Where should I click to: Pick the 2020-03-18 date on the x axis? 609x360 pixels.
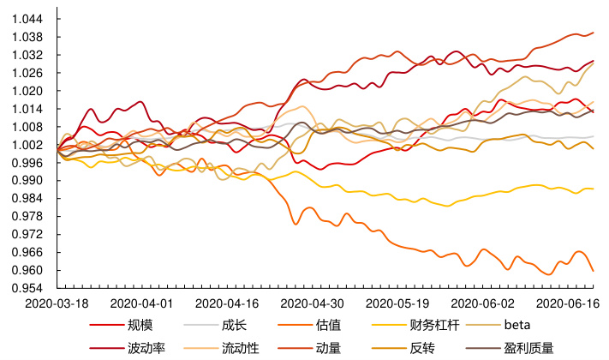(x=57, y=303)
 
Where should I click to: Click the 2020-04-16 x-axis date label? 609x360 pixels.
(x=227, y=303)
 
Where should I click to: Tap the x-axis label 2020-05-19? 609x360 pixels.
(x=397, y=303)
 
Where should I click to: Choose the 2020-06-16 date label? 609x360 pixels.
(x=567, y=303)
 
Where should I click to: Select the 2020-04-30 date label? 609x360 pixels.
(x=313, y=303)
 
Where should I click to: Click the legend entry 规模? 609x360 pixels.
(x=140, y=326)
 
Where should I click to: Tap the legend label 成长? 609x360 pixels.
(x=234, y=326)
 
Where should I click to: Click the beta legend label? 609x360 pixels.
(x=517, y=326)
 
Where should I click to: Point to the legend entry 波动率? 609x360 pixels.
(x=146, y=348)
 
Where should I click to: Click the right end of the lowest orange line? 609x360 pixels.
(x=594, y=271)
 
